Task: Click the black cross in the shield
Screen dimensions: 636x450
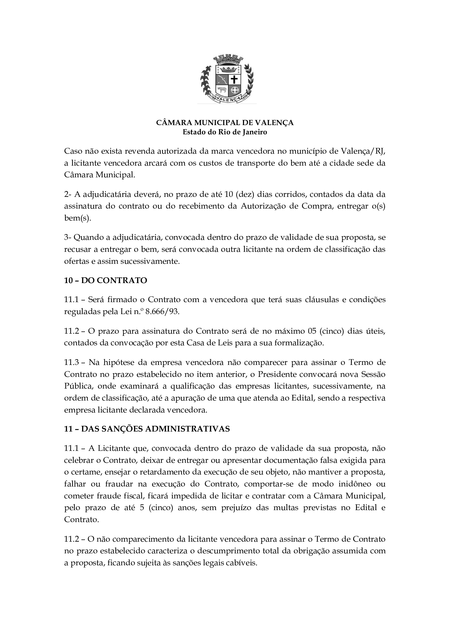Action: coord(235,80)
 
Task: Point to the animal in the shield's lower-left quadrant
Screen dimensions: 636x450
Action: coord(222,89)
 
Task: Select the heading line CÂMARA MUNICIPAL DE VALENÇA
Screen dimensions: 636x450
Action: coord(225,123)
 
